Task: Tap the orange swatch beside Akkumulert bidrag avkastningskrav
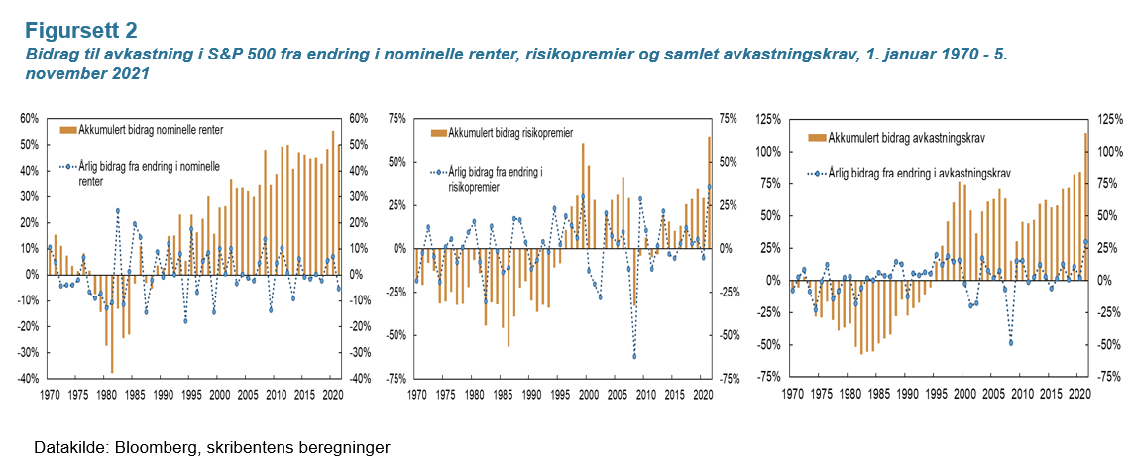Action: click(816, 137)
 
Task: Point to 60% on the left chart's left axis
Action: click(28, 118)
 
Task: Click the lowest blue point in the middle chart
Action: click(633, 357)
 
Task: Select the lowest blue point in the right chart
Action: click(1011, 343)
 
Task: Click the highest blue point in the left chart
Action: click(118, 211)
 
